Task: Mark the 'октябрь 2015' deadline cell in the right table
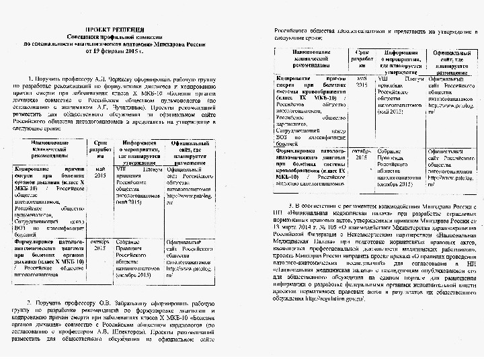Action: (361, 155)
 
